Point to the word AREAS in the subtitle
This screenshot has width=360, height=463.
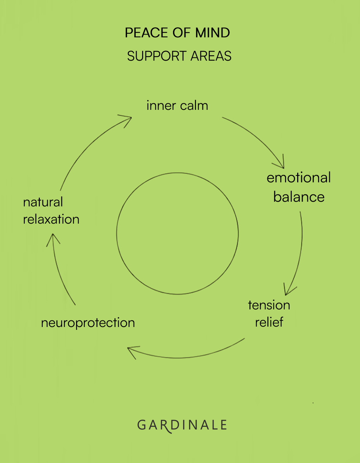(211, 56)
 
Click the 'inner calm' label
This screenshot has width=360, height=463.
(177, 106)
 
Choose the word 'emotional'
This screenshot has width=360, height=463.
(299, 178)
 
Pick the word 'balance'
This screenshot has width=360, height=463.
(299, 197)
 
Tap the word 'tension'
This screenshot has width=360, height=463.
(269, 305)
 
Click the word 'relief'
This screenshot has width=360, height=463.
(269, 322)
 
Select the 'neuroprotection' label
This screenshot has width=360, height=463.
(88, 323)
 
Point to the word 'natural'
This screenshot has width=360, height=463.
(43, 202)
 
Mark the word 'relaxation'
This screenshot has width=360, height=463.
(51, 219)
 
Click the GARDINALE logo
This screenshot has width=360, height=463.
(182, 425)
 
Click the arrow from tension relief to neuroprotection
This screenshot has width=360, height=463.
(187, 357)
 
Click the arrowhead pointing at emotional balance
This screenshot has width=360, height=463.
(281, 164)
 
